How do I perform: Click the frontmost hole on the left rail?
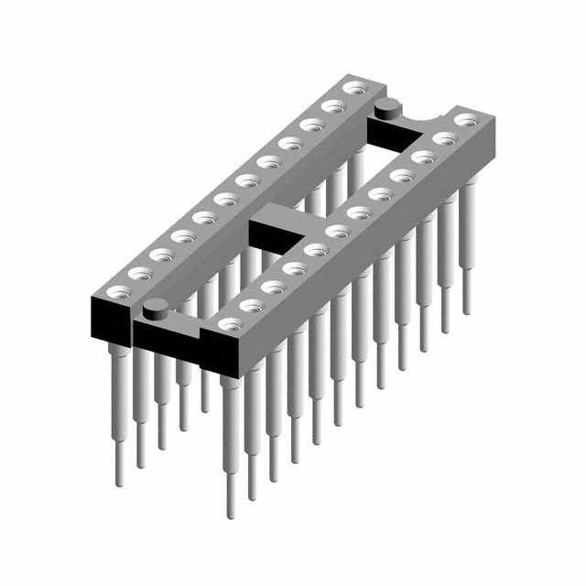(116, 292)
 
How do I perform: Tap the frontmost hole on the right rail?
(229, 324)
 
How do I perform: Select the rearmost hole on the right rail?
(466, 119)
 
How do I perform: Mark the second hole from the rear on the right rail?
(444, 138)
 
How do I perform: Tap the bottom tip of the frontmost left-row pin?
(118, 483)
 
